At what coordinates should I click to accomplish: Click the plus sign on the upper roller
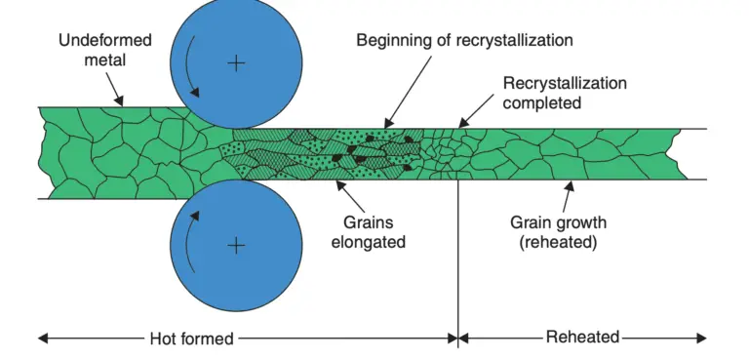[x=236, y=63]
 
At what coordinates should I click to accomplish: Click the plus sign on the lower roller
[x=236, y=245]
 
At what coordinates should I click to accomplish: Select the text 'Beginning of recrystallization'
[x=464, y=40]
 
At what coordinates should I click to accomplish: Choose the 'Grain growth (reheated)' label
[x=558, y=232]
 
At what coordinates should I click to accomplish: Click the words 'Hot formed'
[x=191, y=338]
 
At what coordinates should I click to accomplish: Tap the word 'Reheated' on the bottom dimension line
[x=582, y=338]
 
